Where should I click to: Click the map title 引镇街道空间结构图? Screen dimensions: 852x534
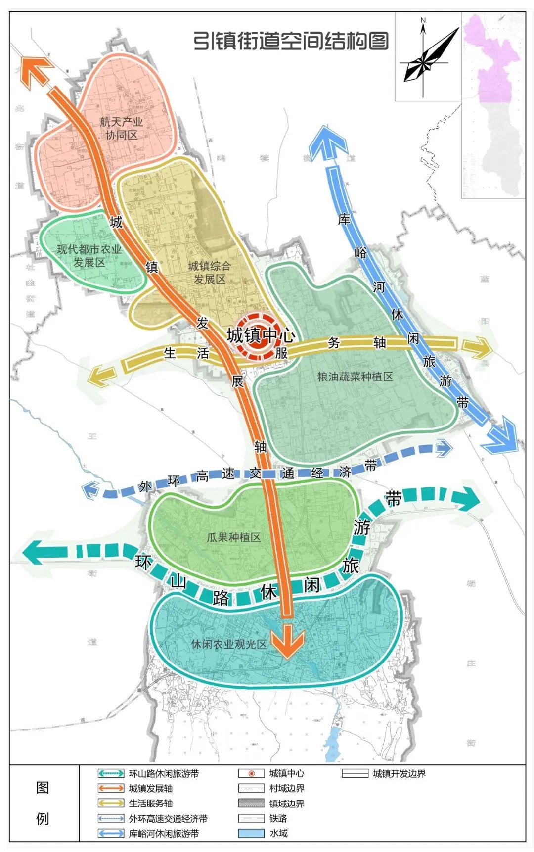tap(290, 41)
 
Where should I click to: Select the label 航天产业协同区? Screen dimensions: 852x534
tap(121, 128)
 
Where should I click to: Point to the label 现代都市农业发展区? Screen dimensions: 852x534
tap(89, 255)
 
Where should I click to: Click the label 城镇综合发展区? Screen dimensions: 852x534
tap(209, 272)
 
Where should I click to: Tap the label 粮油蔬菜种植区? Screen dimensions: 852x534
tap(355, 377)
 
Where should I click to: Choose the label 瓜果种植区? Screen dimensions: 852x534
tap(233, 537)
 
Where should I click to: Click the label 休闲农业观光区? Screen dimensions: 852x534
tap(228, 644)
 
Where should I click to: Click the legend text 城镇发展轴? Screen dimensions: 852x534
tap(150, 788)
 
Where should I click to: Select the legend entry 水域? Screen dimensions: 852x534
tap(278, 833)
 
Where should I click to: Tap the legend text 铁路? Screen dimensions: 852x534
tap(278, 818)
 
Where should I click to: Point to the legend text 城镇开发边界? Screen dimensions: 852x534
tap(399, 773)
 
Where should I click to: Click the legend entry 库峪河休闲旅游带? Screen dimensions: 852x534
tap(163, 833)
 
